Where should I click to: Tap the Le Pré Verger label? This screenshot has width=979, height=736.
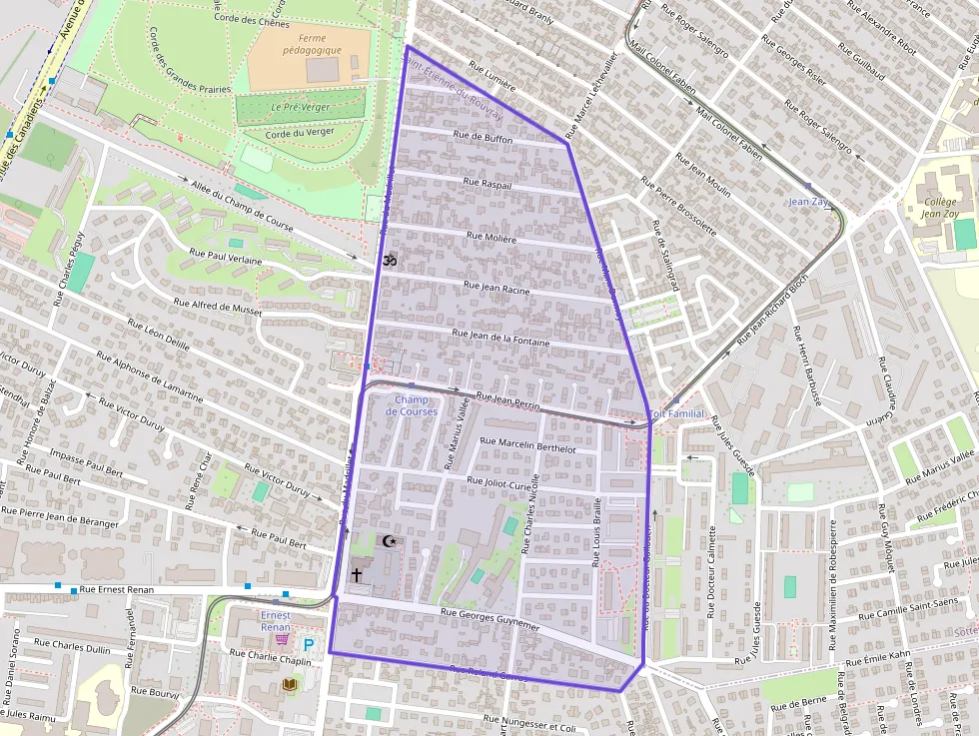point(303,107)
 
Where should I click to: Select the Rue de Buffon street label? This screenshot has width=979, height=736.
point(483,139)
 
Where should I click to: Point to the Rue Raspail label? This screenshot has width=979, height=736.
point(487,185)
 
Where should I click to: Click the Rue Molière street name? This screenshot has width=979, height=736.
point(491,239)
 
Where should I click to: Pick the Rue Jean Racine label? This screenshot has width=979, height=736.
point(484,286)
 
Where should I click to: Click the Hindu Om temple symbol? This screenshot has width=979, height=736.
point(390,260)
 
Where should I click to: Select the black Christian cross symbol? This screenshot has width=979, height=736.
point(357,575)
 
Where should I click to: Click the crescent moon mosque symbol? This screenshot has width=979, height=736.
point(390,541)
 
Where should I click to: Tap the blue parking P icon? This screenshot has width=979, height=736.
point(309,646)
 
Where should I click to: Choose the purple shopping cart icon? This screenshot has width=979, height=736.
point(282,638)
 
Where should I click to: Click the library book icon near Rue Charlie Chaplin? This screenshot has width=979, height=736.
point(290,684)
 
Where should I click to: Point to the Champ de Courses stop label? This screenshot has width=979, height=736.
point(411,405)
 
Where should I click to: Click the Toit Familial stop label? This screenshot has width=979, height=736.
point(677,413)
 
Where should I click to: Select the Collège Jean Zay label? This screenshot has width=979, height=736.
point(938,208)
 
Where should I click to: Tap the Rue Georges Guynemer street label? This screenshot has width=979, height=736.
point(489,618)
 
